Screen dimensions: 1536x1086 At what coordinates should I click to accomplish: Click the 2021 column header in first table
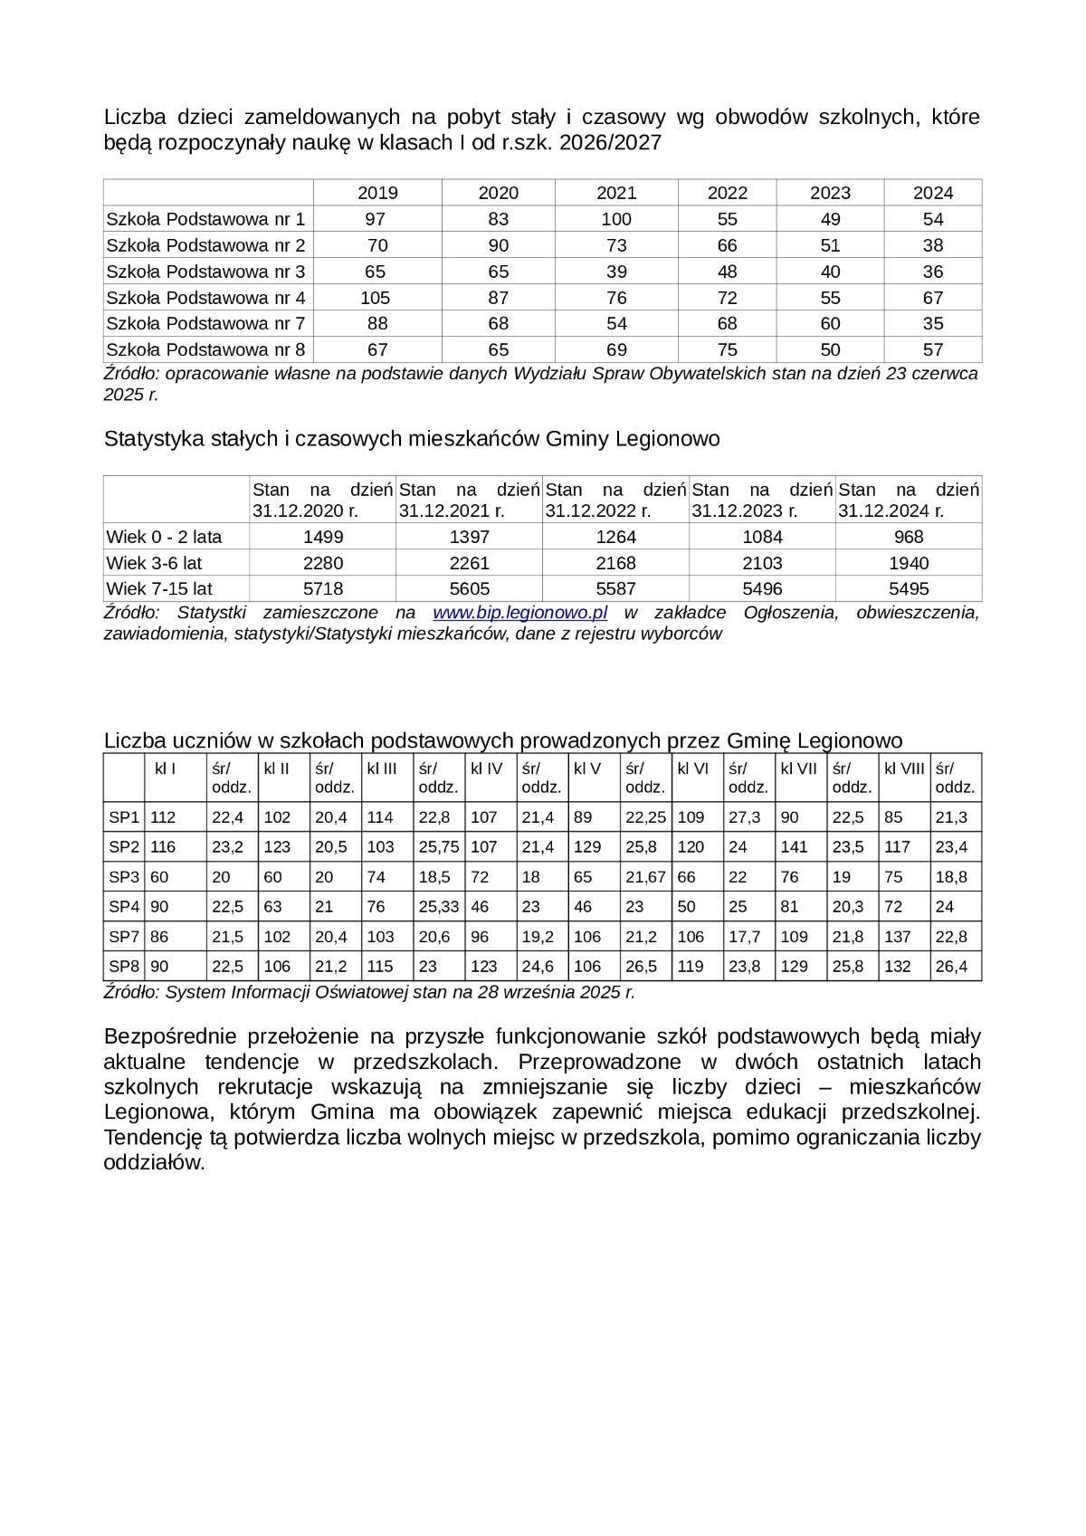tap(616, 193)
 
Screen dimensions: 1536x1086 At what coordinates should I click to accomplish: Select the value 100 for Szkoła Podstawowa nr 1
tap(616, 219)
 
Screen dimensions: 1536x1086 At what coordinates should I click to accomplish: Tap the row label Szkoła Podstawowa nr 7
tap(205, 323)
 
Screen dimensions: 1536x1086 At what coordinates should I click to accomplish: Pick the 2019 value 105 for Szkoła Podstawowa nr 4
tap(376, 298)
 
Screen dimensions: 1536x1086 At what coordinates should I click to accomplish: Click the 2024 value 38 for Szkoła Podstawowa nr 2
tap(933, 245)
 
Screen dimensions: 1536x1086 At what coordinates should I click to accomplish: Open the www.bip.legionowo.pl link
tap(519, 613)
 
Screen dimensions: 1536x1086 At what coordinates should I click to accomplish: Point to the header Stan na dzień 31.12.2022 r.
tap(615, 500)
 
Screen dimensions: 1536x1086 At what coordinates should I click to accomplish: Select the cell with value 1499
tap(323, 537)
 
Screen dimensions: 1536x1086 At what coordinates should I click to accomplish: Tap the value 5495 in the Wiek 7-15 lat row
tap(909, 589)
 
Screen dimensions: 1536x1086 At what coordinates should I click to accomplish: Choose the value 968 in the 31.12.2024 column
tap(909, 537)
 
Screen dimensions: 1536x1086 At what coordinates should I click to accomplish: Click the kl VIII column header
tap(904, 768)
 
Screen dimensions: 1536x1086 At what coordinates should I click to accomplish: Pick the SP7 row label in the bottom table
tap(124, 937)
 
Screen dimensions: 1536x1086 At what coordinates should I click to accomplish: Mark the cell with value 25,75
tap(439, 847)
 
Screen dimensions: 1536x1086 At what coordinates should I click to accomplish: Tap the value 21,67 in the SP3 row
tap(645, 877)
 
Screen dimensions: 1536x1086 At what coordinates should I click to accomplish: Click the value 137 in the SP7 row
tap(898, 937)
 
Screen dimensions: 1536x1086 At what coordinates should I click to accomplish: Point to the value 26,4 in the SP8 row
tap(951, 967)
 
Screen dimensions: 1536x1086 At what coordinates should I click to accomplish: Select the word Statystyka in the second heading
tap(148, 439)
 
